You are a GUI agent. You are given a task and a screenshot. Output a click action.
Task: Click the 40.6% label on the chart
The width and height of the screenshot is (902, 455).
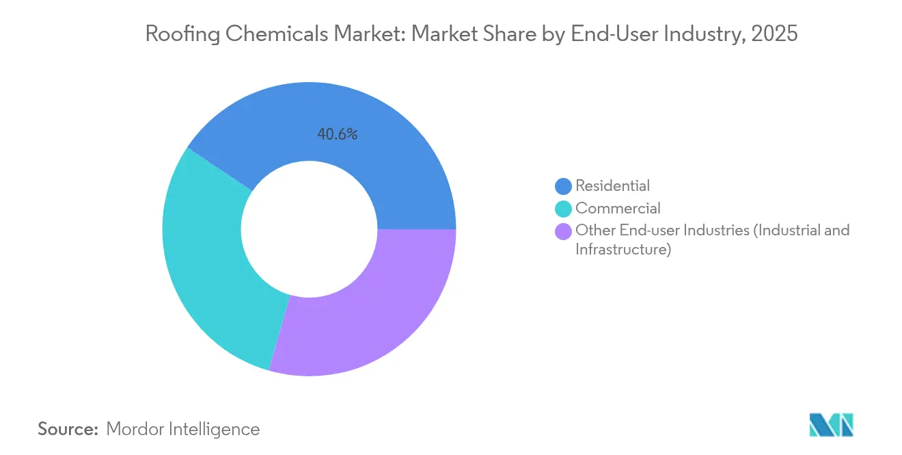point(337,135)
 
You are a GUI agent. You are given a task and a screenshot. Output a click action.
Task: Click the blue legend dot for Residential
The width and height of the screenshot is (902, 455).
point(564,185)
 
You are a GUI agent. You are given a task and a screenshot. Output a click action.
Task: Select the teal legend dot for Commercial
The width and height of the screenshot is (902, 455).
point(564,209)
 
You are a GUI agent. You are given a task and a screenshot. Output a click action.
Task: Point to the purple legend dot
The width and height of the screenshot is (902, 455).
point(564,231)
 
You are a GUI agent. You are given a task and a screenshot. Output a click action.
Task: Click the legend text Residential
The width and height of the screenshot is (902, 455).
point(612,185)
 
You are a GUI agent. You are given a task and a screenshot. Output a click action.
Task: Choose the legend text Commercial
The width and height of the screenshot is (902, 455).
point(618,209)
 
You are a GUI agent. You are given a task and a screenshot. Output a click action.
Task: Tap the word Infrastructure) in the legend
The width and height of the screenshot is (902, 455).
point(623,250)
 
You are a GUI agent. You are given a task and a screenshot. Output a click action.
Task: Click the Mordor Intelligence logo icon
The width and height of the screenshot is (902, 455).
point(830,425)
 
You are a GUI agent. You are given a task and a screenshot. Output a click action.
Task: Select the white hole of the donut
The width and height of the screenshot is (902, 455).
point(309,229)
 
